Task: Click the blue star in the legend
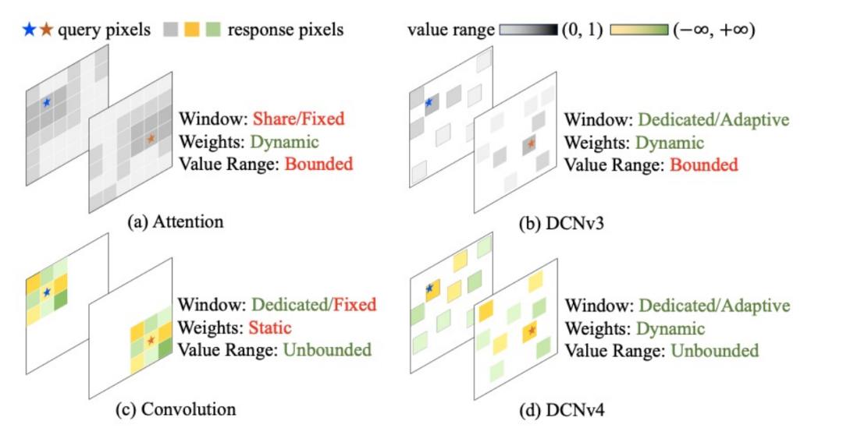coord(30,30)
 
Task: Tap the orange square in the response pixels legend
coord(191,30)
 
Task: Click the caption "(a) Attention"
coord(175,221)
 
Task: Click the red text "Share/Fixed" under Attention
coord(298,120)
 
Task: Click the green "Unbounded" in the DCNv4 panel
coord(716,350)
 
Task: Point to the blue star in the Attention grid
coord(46,102)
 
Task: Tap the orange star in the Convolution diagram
coord(150,339)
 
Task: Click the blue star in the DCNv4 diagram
coord(429,289)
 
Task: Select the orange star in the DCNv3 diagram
coord(531,144)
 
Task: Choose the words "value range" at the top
coord(451,30)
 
